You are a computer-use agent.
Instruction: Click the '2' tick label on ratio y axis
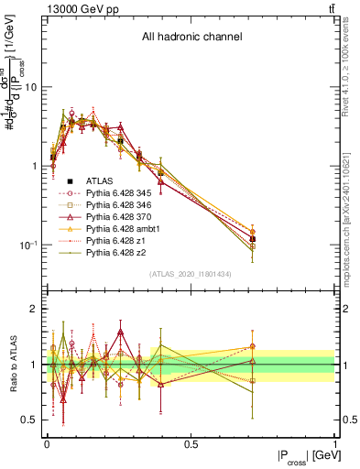click(x=34, y=310)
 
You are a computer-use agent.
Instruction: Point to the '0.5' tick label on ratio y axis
click(x=29, y=420)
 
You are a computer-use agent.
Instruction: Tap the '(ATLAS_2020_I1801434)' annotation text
click(x=191, y=274)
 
